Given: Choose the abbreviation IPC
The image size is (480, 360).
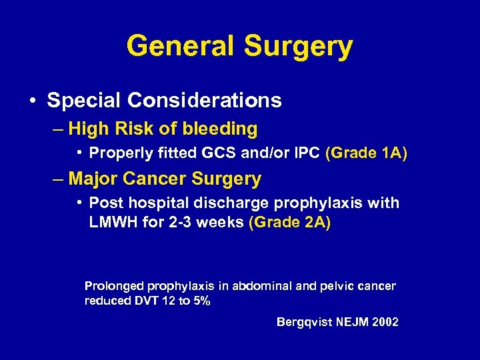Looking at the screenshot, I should [306, 153].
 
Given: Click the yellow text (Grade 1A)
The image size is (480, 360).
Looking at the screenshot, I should [366, 153].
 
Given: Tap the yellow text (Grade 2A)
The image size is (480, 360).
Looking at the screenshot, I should [289, 222].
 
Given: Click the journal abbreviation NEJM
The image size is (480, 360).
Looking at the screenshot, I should [350, 323].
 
